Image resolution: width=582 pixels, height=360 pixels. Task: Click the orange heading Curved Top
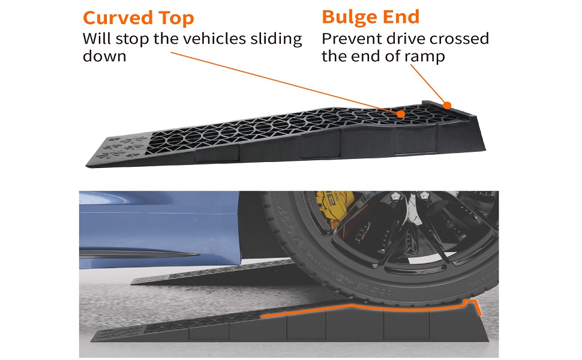point(138,17)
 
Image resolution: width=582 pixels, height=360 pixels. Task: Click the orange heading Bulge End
point(370,16)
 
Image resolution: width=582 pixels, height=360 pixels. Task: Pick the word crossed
point(460,39)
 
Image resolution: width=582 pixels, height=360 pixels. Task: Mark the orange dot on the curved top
point(400,112)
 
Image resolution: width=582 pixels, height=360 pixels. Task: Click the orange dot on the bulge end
point(446,104)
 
